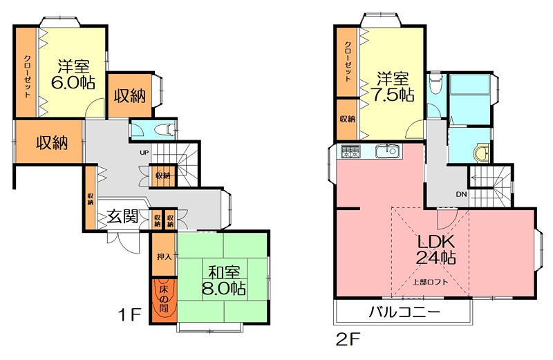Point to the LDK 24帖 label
tap(435, 249)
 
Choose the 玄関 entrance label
tap(123, 217)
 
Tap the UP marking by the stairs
tap(144, 153)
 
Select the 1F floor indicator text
tap(129, 315)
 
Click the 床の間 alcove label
tap(163, 296)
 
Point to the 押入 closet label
tap(163, 256)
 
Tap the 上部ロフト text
tap(430, 281)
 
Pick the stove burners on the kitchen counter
tap(349, 151)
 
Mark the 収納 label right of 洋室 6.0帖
tap(129, 95)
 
